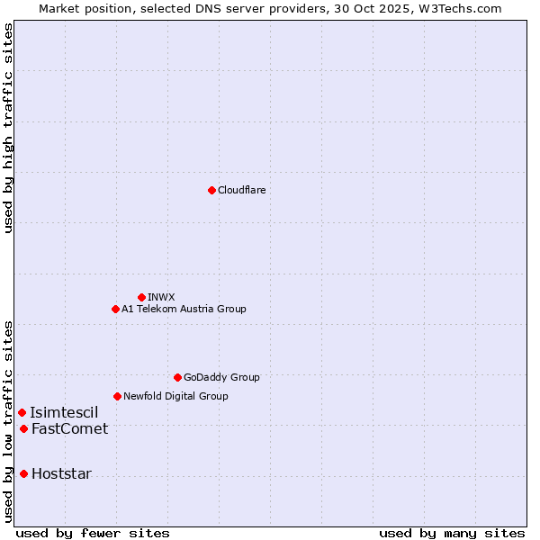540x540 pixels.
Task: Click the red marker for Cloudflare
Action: click(211, 190)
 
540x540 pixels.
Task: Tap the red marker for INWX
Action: click(141, 297)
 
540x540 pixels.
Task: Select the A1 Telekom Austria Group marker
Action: click(115, 309)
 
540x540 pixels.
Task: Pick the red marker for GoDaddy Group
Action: click(177, 377)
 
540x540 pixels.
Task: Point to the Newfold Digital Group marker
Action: click(117, 396)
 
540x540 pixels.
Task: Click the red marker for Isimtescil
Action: click(22, 412)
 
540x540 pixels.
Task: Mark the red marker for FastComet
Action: click(23, 428)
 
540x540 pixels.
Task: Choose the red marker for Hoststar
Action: click(23, 473)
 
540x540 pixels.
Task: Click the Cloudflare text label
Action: click(242, 190)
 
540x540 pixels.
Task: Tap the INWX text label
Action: click(161, 297)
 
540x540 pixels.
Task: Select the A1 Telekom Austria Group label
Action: click(184, 309)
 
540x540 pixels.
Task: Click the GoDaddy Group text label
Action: click(221, 377)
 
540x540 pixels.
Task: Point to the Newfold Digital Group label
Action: click(175, 396)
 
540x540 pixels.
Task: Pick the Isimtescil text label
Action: click(64, 412)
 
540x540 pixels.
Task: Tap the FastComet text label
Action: click(69, 428)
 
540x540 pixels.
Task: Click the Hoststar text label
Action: click(61, 473)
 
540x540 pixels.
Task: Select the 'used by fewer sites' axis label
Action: click(93, 533)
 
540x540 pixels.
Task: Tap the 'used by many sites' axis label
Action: click(452, 533)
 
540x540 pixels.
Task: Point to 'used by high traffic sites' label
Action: click(8, 128)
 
